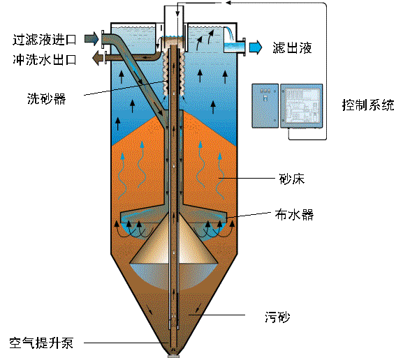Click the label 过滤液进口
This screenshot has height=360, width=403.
coord(45,40)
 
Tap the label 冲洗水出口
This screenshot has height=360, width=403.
coord(45,59)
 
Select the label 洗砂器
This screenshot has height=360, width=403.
coord(47,98)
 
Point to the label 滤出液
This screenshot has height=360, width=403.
coord(292,47)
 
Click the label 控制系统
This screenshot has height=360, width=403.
coord(368,105)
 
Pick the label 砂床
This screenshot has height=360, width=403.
coord(292,179)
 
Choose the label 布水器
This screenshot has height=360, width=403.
coord(294,215)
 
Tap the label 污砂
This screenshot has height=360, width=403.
coord(277,317)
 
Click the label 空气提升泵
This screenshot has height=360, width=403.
coord(41,343)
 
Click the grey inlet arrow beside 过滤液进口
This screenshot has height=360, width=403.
coord(91,39)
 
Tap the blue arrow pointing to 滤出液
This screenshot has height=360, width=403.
coord(256,47)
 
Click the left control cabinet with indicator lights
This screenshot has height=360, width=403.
coord(265,106)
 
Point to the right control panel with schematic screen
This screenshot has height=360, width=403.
coord(301,106)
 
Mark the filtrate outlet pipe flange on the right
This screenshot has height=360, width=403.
coord(244,47)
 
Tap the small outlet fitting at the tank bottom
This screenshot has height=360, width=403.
coord(173,356)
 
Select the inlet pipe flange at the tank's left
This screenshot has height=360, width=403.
coord(103,39)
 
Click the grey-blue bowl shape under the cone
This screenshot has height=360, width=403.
coord(174,276)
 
